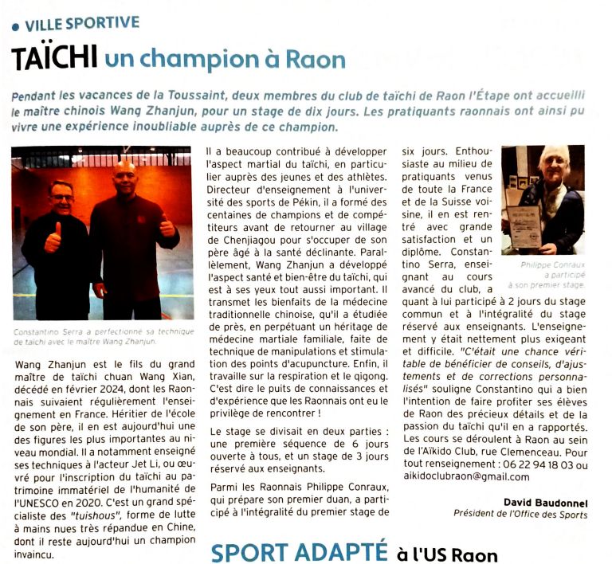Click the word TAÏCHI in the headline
point(54,57)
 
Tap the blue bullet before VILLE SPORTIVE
point(15,25)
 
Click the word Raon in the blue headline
point(316,59)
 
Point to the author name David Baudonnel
point(547,501)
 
